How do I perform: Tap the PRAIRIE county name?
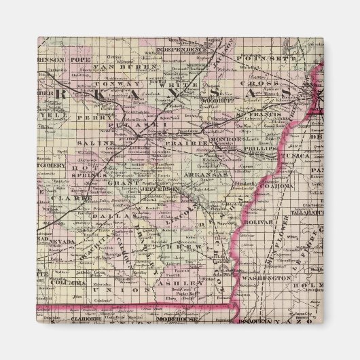[193, 144]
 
